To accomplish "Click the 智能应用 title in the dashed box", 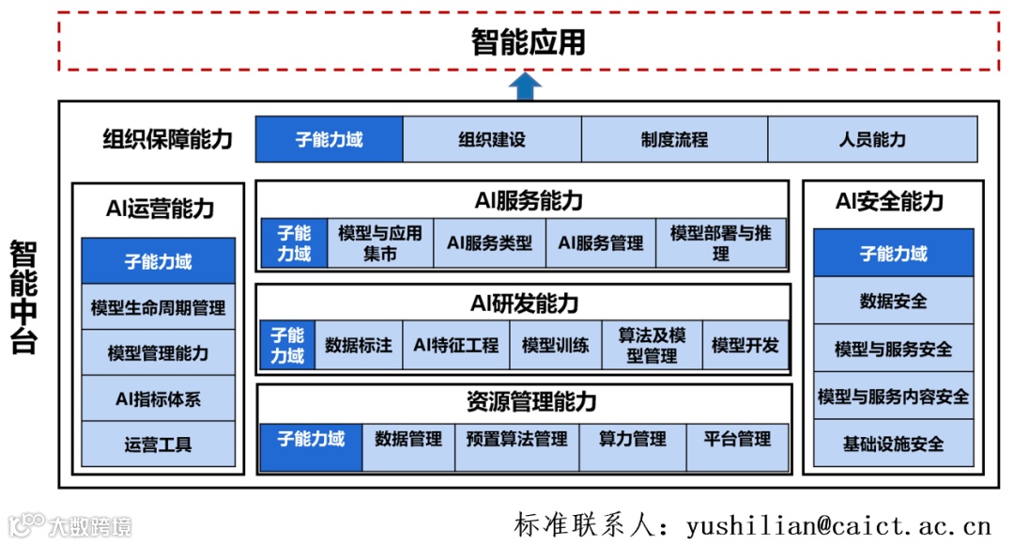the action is click(528, 42).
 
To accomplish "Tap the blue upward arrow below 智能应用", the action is click(527, 86).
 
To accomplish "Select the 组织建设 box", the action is click(492, 140).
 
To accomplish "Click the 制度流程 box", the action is click(674, 140).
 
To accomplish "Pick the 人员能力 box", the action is click(872, 140).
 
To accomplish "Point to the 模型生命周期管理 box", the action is click(158, 307).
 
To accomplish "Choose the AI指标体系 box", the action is click(158, 399).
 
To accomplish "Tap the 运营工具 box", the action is click(158, 444).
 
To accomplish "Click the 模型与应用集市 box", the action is click(380, 243).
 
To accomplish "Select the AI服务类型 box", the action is click(489, 243).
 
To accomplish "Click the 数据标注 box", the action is click(359, 345).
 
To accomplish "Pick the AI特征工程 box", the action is click(456, 345).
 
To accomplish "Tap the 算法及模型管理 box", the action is click(652, 345).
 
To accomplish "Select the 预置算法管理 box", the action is click(515, 439).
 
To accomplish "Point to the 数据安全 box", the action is click(893, 302).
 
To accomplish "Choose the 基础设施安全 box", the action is click(893, 444).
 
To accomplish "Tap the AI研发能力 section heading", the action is click(524, 304).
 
